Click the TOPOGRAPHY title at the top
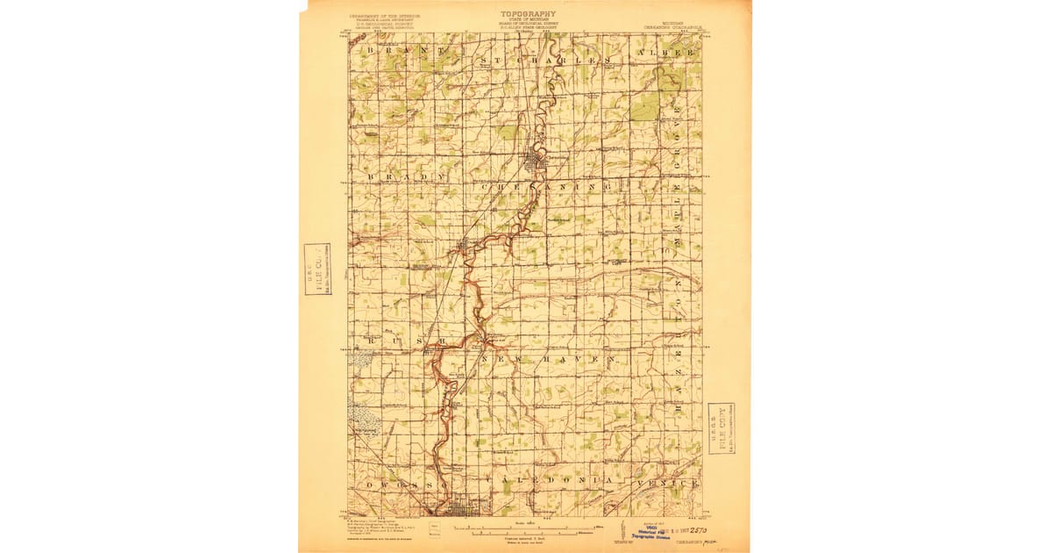(x=528, y=14)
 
